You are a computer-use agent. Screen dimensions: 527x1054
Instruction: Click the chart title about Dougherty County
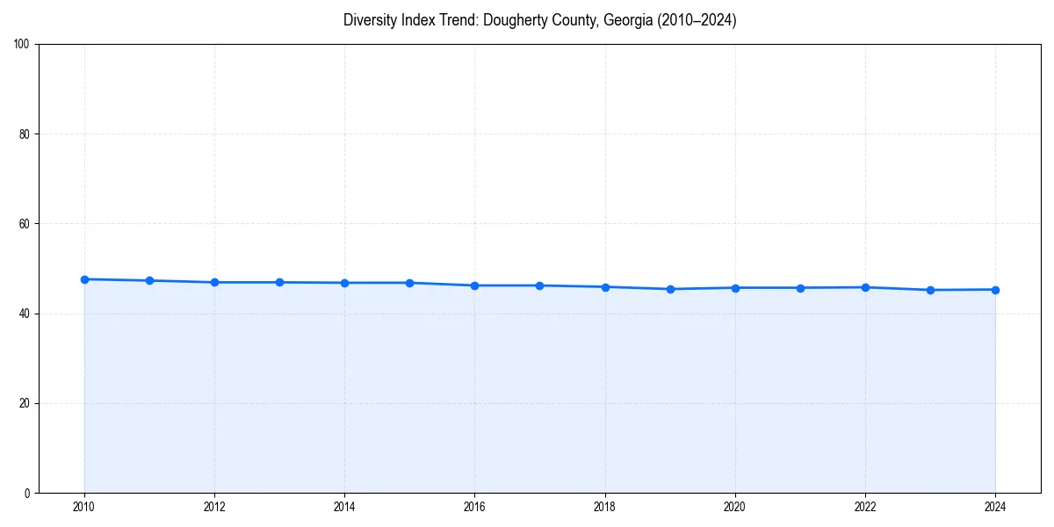point(539,20)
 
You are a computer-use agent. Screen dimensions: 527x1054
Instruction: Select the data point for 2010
point(84,279)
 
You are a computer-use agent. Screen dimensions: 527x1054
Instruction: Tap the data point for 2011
point(149,280)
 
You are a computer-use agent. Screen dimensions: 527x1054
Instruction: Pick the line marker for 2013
point(279,282)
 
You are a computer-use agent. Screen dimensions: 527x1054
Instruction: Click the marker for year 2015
point(409,283)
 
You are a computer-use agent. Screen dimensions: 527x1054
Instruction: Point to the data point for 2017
point(539,285)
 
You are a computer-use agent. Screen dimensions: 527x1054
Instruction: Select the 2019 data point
point(670,289)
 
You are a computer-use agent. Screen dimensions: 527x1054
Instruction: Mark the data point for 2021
point(800,288)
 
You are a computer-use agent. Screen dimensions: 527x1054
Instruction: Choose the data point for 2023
point(930,290)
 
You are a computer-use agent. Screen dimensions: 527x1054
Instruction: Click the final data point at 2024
point(995,290)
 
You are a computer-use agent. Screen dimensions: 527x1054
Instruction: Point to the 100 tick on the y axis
point(23,45)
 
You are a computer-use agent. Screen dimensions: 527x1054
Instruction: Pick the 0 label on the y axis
point(28,493)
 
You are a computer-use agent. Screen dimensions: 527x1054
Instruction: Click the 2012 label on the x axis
point(214,507)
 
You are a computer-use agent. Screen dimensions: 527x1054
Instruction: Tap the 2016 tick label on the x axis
point(474,507)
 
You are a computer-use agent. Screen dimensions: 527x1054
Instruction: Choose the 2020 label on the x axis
point(735,507)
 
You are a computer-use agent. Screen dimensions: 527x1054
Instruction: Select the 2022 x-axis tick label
point(865,507)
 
